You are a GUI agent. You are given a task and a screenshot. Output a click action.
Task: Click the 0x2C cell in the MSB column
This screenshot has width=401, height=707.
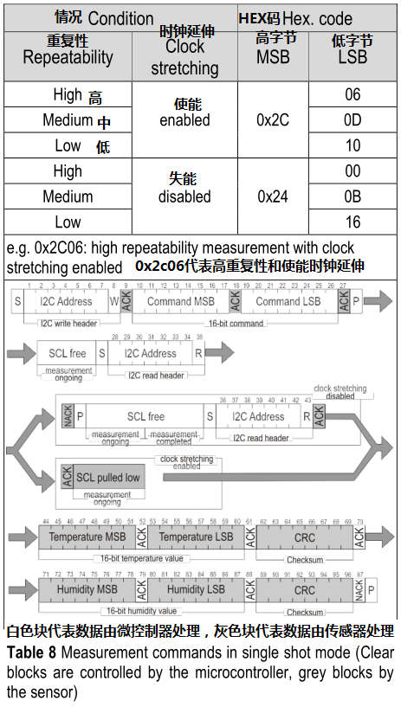coord(273,120)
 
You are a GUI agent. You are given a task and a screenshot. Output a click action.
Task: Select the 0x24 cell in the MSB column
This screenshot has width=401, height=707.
coord(273,196)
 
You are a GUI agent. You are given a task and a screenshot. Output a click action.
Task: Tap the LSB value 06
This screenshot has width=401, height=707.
coord(352,94)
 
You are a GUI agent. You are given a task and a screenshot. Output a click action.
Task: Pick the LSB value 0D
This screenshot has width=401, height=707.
coord(352,120)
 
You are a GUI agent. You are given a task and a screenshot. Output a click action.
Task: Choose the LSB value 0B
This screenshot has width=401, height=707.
coord(352,196)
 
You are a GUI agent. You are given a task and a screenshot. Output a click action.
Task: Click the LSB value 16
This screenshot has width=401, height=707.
coord(352,222)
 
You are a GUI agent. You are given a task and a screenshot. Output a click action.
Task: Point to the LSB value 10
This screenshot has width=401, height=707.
coord(352,145)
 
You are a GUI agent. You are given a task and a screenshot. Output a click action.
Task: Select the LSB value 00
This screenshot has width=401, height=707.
coord(352,171)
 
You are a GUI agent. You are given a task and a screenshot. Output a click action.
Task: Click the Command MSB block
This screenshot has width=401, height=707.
coord(180,301)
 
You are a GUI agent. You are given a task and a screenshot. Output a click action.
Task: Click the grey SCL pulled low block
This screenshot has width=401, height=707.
coord(107,478)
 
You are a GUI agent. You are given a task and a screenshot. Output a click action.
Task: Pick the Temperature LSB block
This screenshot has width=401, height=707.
coord(196,537)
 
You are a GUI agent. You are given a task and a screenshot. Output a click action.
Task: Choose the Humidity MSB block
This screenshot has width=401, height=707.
coord(87,590)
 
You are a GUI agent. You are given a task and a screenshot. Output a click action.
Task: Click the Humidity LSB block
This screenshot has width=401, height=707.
coord(196,590)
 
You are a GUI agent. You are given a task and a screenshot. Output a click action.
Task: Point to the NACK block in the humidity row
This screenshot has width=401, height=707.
coord(359,590)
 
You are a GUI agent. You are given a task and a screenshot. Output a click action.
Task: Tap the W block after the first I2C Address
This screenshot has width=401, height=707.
coord(113,301)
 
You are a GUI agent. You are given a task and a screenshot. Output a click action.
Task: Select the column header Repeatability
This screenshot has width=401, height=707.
coord(68,58)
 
